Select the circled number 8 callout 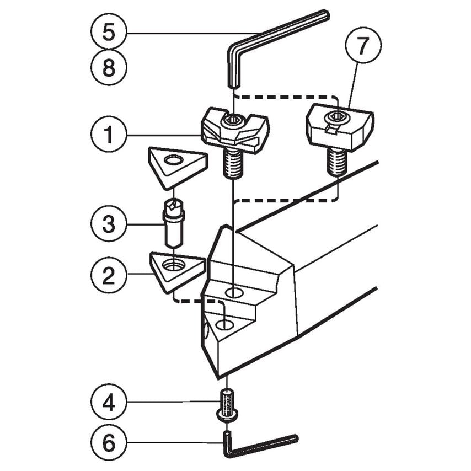(x=109, y=68)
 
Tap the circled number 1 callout (x=109, y=134)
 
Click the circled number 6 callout (x=109, y=442)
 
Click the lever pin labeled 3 (x=173, y=226)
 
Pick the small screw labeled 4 (x=227, y=405)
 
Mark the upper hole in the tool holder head (x=234, y=292)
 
